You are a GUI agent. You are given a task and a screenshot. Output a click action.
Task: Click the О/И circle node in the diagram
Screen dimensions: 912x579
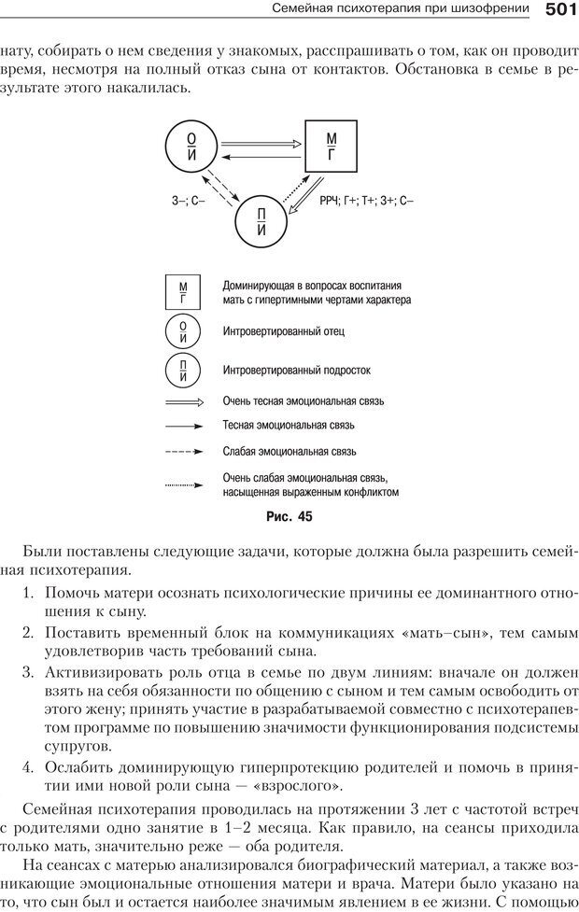tap(191, 147)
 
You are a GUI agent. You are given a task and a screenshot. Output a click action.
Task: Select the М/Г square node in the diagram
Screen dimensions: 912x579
tap(332, 147)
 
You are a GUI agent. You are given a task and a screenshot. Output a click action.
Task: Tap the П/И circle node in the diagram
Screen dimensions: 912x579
tap(261, 221)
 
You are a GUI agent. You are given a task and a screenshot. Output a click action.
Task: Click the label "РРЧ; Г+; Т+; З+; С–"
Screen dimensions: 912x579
tap(366, 201)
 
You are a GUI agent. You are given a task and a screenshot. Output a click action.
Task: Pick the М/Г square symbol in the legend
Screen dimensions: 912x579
tap(183, 292)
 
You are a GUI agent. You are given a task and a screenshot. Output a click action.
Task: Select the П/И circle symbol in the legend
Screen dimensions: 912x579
tap(183, 371)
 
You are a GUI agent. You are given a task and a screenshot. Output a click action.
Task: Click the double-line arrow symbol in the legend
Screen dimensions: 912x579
tap(183, 401)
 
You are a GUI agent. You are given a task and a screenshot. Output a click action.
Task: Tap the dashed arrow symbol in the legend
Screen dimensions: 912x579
tap(183, 451)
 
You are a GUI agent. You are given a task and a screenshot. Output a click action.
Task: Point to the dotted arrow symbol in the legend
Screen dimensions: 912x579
tap(183, 484)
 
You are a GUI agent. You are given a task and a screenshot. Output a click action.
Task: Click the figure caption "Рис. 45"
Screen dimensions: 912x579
tap(289, 515)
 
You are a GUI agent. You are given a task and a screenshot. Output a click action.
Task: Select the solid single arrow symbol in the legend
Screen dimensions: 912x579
tap(183, 426)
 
